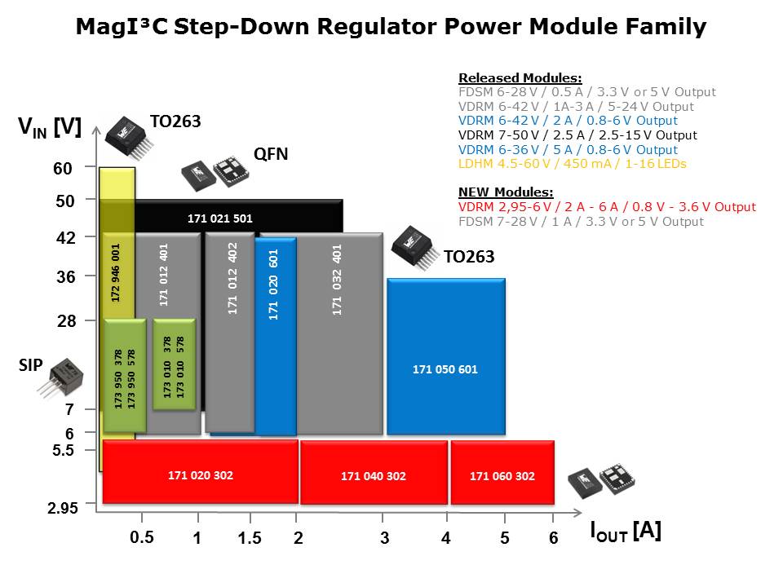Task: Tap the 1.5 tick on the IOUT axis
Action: (x=249, y=538)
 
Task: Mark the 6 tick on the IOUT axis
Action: (x=553, y=538)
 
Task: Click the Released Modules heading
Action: (x=520, y=77)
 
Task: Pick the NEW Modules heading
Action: (x=506, y=192)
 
